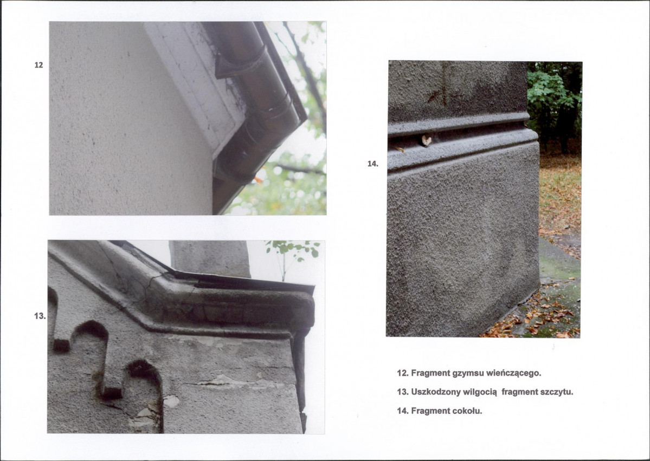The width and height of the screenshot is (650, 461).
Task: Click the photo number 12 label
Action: (x=38, y=65)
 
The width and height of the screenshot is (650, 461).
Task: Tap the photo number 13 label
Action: (x=40, y=316)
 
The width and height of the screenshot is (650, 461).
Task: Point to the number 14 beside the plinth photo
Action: (x=372, y=164)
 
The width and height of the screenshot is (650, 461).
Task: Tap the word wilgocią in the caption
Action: (x=480, y=392)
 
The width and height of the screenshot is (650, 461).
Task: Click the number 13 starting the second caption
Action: (x=402, y=392)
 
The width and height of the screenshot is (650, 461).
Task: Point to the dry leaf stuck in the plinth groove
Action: (x=426, y=140)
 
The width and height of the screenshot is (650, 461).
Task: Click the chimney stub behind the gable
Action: (x=210, y=258)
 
